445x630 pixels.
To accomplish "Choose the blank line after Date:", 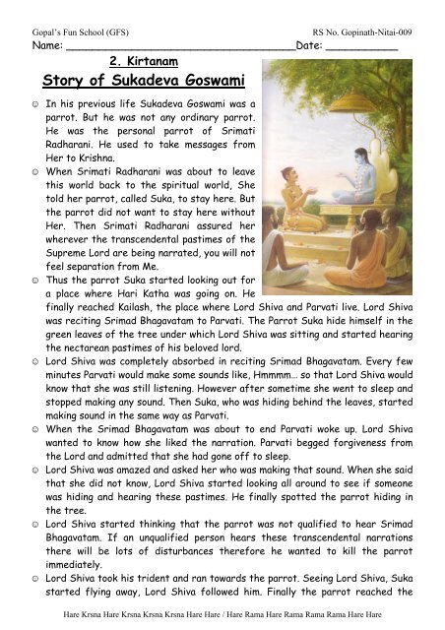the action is tap(360, 47).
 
